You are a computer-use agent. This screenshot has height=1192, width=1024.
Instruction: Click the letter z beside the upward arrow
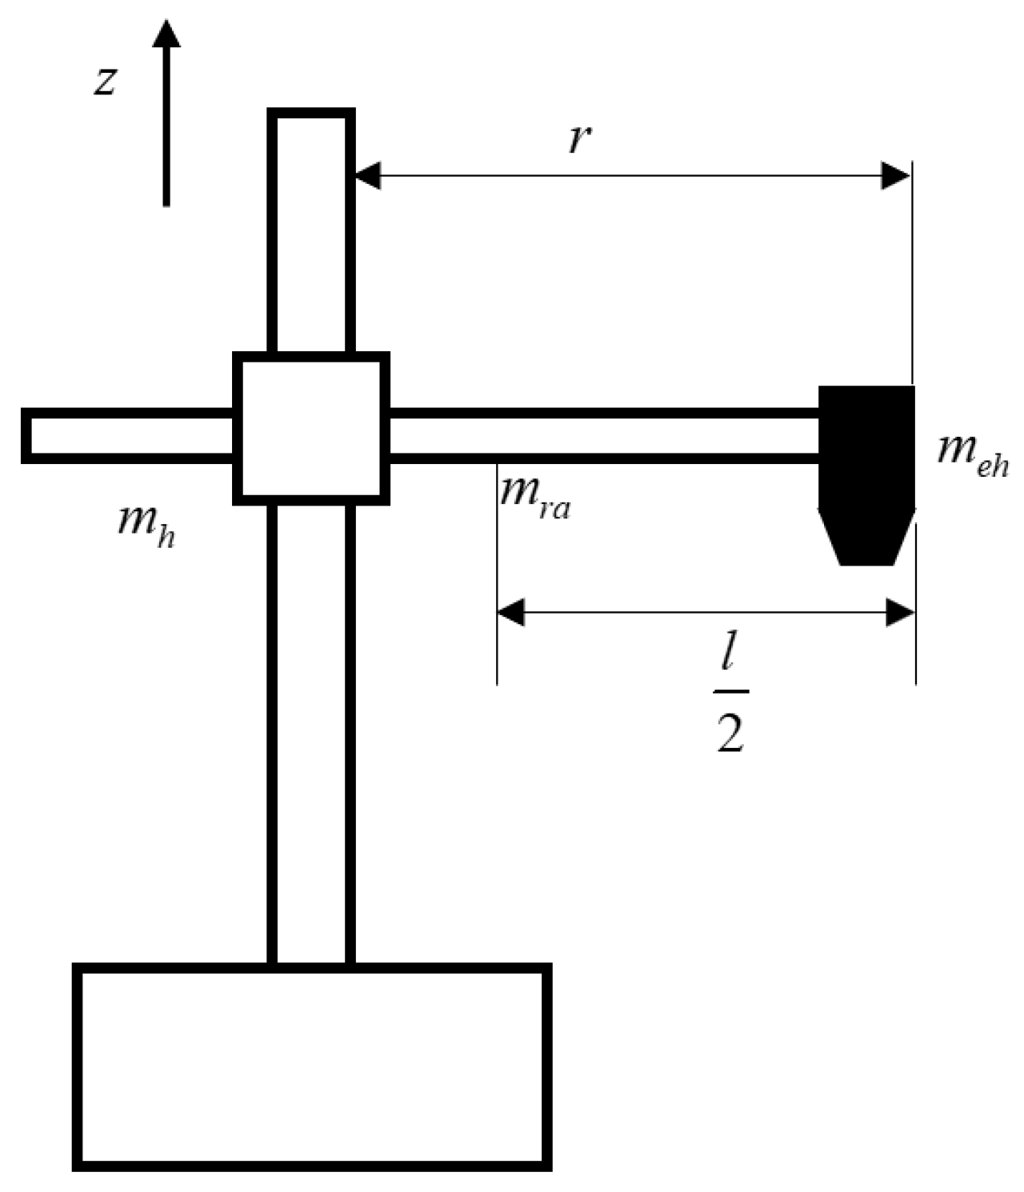coord(106,81)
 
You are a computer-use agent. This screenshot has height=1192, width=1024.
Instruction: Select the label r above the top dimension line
coord(578,138)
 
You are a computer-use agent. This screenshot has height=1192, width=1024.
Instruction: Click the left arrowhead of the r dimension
coord(368,175)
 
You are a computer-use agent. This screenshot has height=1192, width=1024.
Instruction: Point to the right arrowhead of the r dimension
coord(895,175)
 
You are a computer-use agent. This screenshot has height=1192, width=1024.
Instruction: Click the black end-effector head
coord(866,448)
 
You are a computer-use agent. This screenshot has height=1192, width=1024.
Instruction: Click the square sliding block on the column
coord(311,429)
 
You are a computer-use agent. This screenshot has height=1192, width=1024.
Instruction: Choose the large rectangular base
coord(312,1067)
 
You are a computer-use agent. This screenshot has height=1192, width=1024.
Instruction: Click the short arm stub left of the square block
coord(128,436)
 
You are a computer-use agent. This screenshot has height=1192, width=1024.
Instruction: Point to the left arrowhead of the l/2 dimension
coord(511,614)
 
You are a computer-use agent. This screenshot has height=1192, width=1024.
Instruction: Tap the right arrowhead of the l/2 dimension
coord(901,614)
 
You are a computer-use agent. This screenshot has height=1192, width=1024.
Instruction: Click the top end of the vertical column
coord(311,120)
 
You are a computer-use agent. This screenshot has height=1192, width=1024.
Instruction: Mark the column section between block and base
coord(311,732)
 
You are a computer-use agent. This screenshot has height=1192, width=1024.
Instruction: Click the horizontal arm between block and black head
coord(604,436)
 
